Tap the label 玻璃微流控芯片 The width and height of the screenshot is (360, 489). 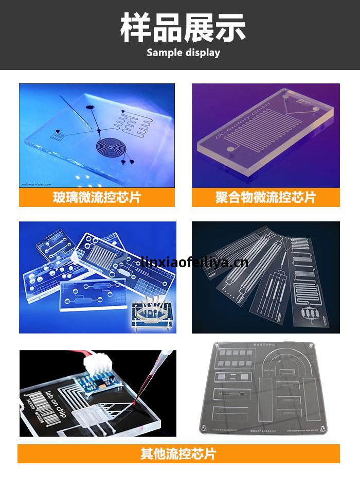pyautogui.click(x=97, y=197)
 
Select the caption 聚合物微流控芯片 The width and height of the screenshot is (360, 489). pyautogui.click(x=265, y=197)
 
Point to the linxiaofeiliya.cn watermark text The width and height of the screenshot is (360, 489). pyautogui.click(x=194, y=263)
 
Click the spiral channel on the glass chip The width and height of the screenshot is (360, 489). pyautogui.click(x=111, y=147)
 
